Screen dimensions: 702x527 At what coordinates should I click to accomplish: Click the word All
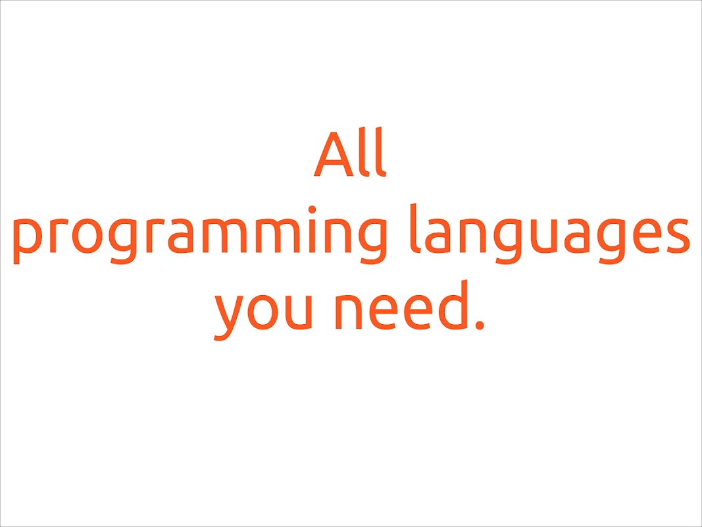[349, 152]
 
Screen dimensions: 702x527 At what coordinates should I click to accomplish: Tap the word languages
[550, 234]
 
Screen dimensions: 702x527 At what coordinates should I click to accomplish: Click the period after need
[480, 325]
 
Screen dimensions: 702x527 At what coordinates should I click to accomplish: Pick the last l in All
[380, 152]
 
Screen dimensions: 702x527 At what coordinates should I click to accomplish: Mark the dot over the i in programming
[312, 209]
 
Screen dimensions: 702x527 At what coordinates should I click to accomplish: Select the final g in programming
[372, 241]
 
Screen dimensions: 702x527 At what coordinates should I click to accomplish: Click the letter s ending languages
[676, 236]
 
